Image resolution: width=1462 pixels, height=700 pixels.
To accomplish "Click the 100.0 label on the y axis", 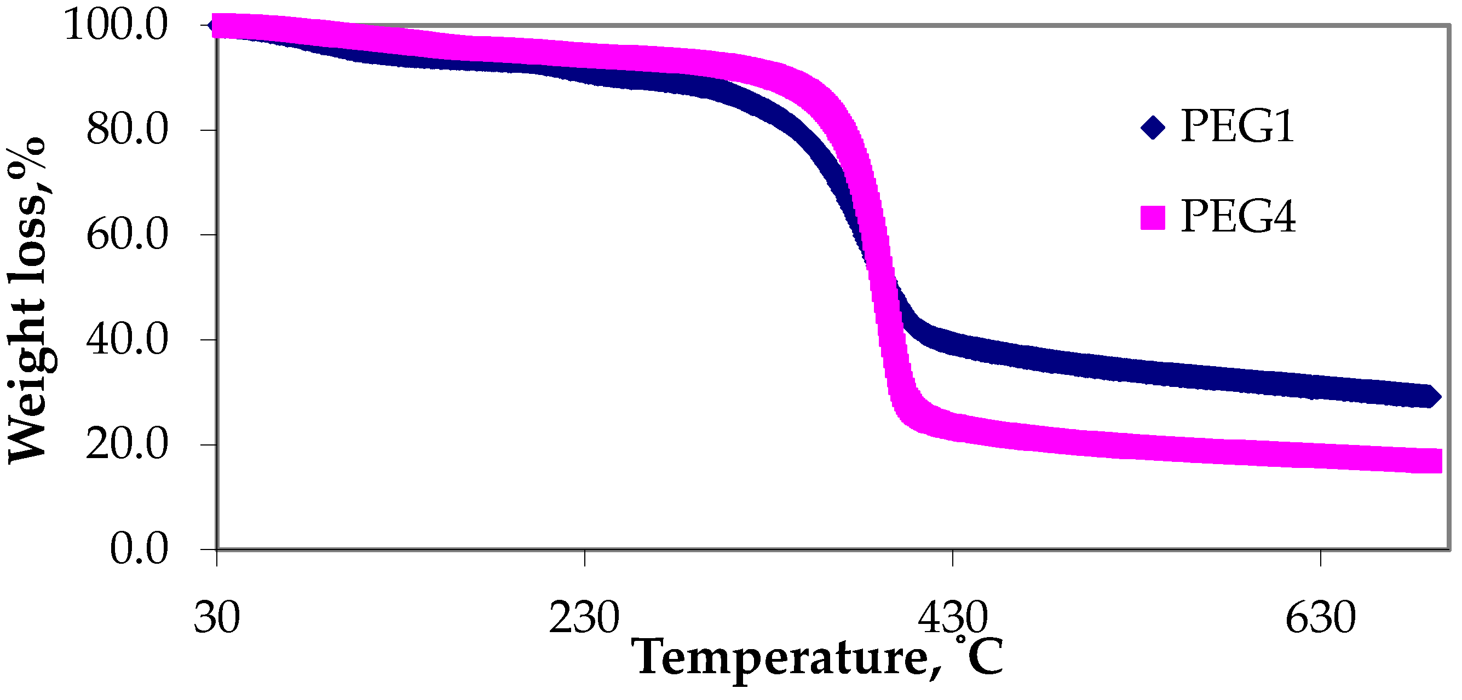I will pos(116,26).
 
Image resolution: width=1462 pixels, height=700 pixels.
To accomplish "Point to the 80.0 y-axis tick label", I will pos(127,130).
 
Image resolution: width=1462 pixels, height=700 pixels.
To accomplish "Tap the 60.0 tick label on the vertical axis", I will pos(127,235).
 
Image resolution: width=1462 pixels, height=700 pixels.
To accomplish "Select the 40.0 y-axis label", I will pos(127,340).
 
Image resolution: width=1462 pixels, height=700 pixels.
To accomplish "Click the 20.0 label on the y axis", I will pos(127,445).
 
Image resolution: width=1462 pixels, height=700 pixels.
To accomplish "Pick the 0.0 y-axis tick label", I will pos(139,549).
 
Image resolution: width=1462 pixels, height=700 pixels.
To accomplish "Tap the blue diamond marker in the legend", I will pos(1153,127).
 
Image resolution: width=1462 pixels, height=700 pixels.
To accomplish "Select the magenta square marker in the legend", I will pos(1153,218).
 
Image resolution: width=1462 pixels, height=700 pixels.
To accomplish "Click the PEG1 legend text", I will pos(1237,126).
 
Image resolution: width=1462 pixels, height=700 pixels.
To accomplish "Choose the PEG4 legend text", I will pos(1238,217).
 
